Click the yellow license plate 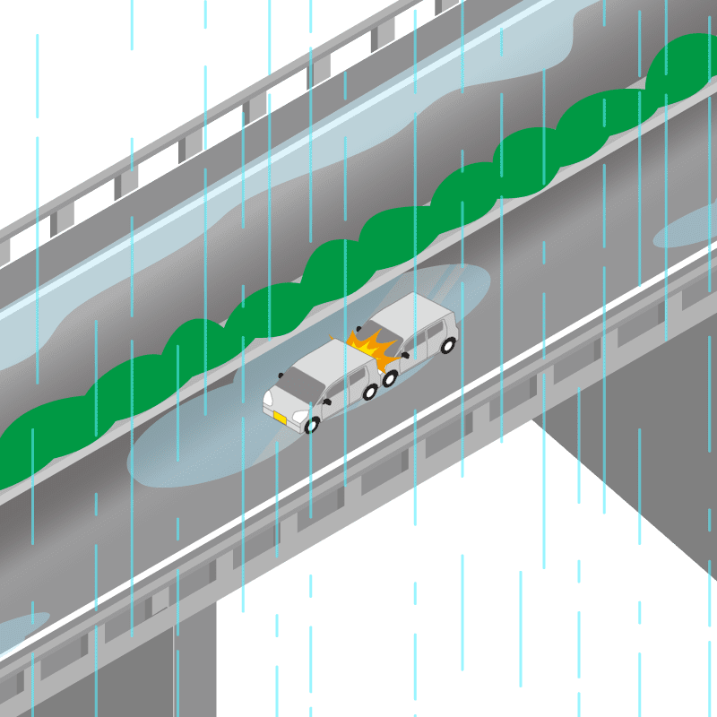point(281,418)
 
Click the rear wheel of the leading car point(369,392)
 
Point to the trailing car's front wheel point(390,378)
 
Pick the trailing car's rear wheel point(448,345)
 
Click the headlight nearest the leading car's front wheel point(298,417)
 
